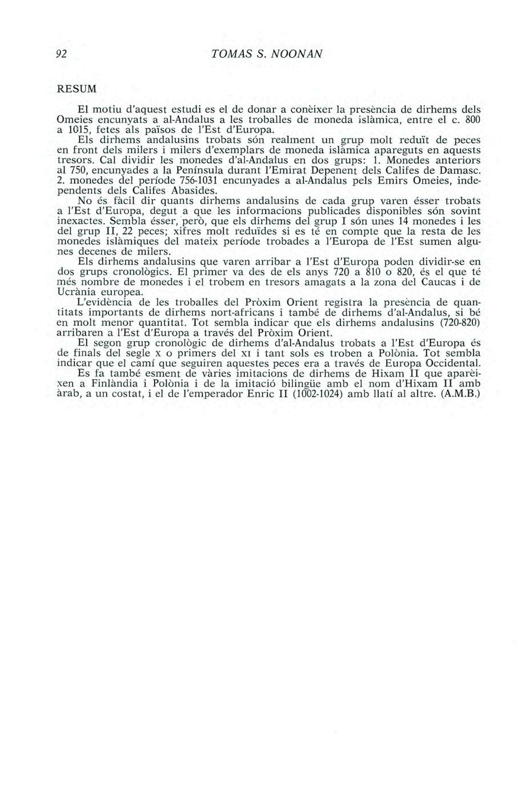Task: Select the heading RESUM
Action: (71, 90)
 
